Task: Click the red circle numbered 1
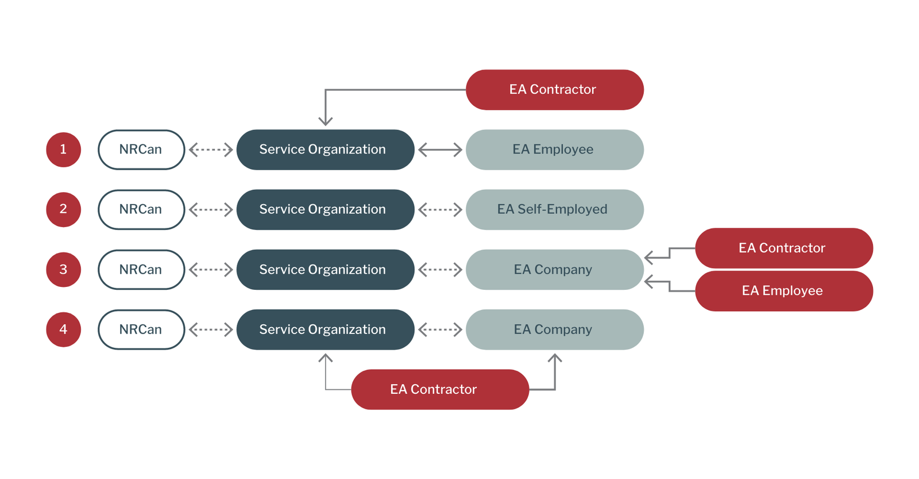click(63, 150)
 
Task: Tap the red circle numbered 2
click(63, 209)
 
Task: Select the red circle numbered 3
click(63, 269)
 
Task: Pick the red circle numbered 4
click(63, 329)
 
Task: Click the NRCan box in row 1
click(141, 150)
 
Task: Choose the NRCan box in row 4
click(141, 329)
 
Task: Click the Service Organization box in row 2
click(325, 209)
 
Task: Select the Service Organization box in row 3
click(325, 269)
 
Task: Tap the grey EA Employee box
click(554, 150)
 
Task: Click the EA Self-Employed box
click(554, 209)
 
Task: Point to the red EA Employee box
click(783, 291)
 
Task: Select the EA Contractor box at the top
click(554, 90)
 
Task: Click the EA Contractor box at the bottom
click(439, 389)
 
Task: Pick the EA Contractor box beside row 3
click(783, 248)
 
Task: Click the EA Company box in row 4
click(554, 329)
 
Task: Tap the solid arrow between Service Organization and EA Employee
click(440, 150)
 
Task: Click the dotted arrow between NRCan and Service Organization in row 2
click(211, 209)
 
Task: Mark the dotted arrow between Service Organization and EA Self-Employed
click(440, 209)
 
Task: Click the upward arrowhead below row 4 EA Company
click(555, 358)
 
